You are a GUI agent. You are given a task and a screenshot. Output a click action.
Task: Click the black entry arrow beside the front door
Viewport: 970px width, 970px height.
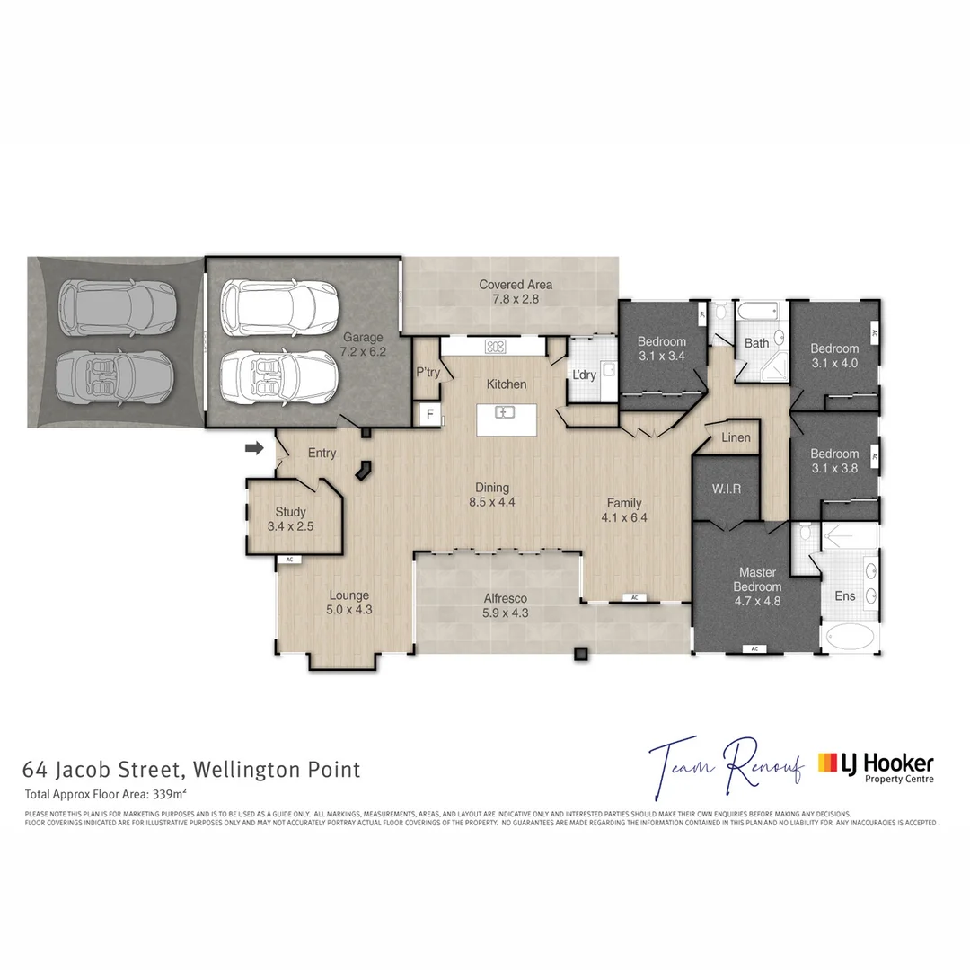coord(256,447)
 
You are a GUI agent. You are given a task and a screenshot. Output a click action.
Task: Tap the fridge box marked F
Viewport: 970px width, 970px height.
coord(430,415)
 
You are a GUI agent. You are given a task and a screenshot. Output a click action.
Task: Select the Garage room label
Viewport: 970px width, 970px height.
coord(363,338)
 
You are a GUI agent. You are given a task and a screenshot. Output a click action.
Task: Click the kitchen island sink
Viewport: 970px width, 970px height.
coord(506,412)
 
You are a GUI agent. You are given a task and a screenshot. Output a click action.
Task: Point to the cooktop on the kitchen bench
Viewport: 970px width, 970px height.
coord(495,345)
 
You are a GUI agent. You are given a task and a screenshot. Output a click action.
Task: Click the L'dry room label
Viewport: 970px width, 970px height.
coord(584,375)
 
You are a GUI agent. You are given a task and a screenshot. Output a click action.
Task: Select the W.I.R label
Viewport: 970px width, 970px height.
coord(727,489)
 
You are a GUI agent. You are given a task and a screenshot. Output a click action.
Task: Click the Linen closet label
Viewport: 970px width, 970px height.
coord(736,437)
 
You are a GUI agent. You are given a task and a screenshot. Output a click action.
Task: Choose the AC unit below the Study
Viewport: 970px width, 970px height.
coord(289,559)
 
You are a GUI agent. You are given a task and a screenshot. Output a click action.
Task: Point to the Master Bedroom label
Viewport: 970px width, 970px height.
coord(756,579)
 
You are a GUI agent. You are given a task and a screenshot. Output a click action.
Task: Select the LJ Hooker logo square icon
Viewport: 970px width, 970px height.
coord(826,763)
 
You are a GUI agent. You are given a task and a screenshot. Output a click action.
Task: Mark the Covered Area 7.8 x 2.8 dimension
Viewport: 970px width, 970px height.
coord(515,299)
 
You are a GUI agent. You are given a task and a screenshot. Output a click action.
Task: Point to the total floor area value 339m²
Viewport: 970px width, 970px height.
coord(177,794)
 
